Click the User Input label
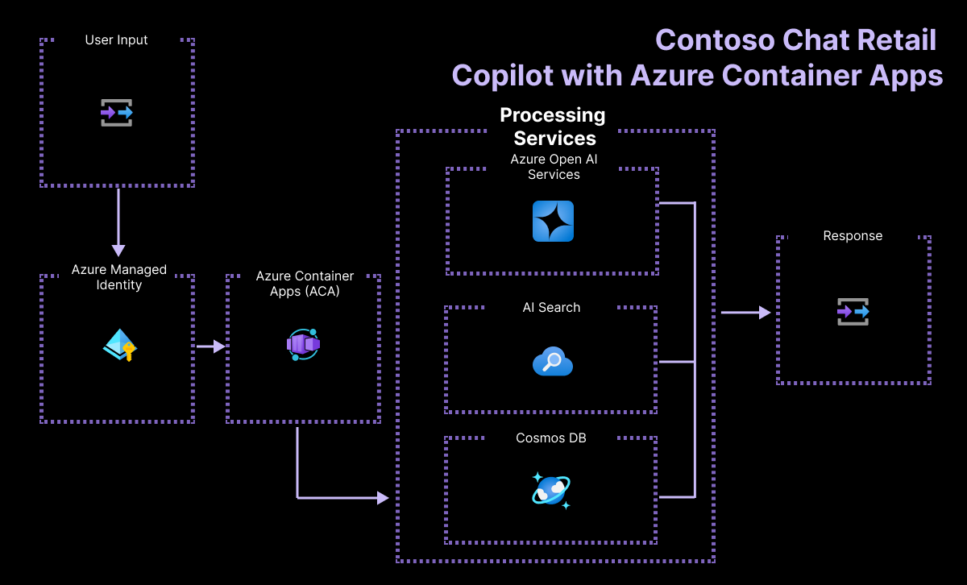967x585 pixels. [117, 39]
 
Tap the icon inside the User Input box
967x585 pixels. [117, 113]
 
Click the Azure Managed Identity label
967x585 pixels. [118, 277]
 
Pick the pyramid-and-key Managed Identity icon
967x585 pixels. [120, 345]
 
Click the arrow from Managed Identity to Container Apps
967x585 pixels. [210, 346]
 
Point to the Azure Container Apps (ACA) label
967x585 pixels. [305, 284]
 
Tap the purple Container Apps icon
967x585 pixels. [303, 344]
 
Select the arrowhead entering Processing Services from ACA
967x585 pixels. [382, 498]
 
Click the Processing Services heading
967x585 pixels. [553, 127]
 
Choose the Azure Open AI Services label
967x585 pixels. [554, 167]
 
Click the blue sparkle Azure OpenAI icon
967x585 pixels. [553, 221]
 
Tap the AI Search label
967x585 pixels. [551, 307]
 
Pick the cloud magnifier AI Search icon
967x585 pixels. [553, 363]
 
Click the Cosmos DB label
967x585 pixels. [551, 438]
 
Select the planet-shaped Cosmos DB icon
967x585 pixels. [552, 490]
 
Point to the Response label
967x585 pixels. [853, 236]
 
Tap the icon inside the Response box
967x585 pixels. [853, 311]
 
